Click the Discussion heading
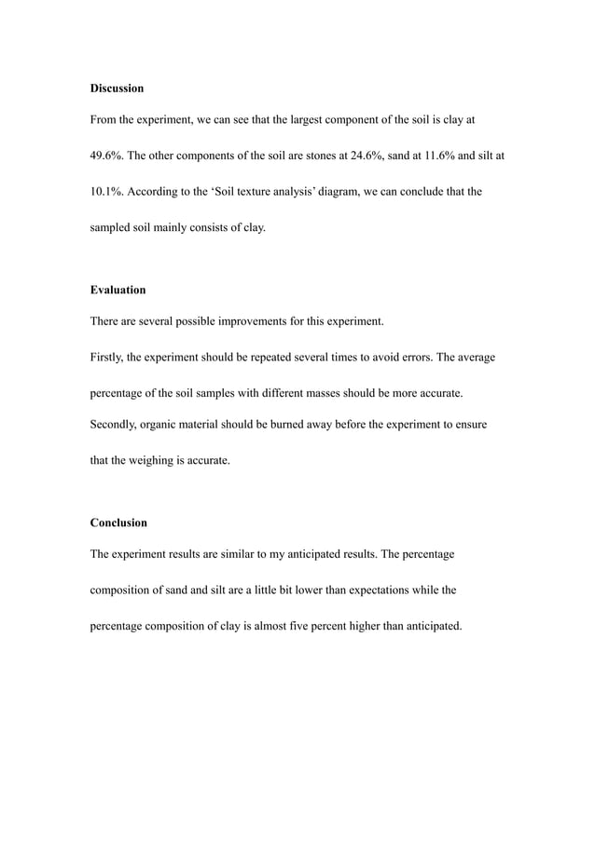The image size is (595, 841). [117, 88]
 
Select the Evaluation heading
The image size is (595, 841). [118, 290]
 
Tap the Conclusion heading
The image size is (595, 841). [118, 522]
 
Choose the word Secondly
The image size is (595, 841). [116, 424]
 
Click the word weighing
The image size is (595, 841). [153, 459]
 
